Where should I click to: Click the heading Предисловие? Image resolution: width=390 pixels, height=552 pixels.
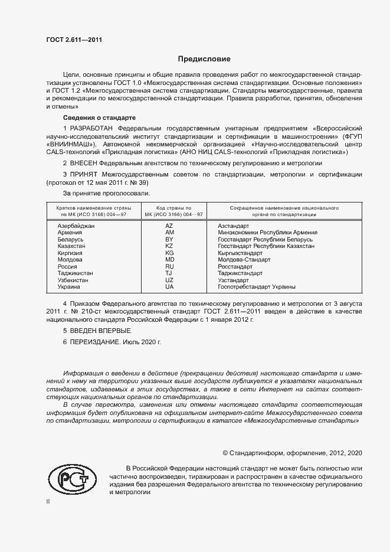[x=205, y=59]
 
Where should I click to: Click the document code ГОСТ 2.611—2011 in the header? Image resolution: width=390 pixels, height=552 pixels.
[x=74, y=40]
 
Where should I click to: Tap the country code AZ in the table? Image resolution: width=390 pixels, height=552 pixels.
[x=169, y=226]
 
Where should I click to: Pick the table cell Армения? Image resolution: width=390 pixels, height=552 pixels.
[x=70, y=233]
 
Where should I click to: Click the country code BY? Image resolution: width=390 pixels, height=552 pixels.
[x=169, y=239]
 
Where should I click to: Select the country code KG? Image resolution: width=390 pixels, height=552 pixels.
[x=169, y=252]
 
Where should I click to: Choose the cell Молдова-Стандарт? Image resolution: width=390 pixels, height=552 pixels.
[x=244, y=259]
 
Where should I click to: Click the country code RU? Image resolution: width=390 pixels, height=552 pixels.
[x=169, y=266]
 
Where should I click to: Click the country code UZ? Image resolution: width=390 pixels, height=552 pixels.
[x=169, y=280]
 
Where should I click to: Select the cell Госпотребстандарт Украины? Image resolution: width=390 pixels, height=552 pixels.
[x=257, y=286]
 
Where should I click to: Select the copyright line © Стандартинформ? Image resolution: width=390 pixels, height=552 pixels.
[x=292, y=453]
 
